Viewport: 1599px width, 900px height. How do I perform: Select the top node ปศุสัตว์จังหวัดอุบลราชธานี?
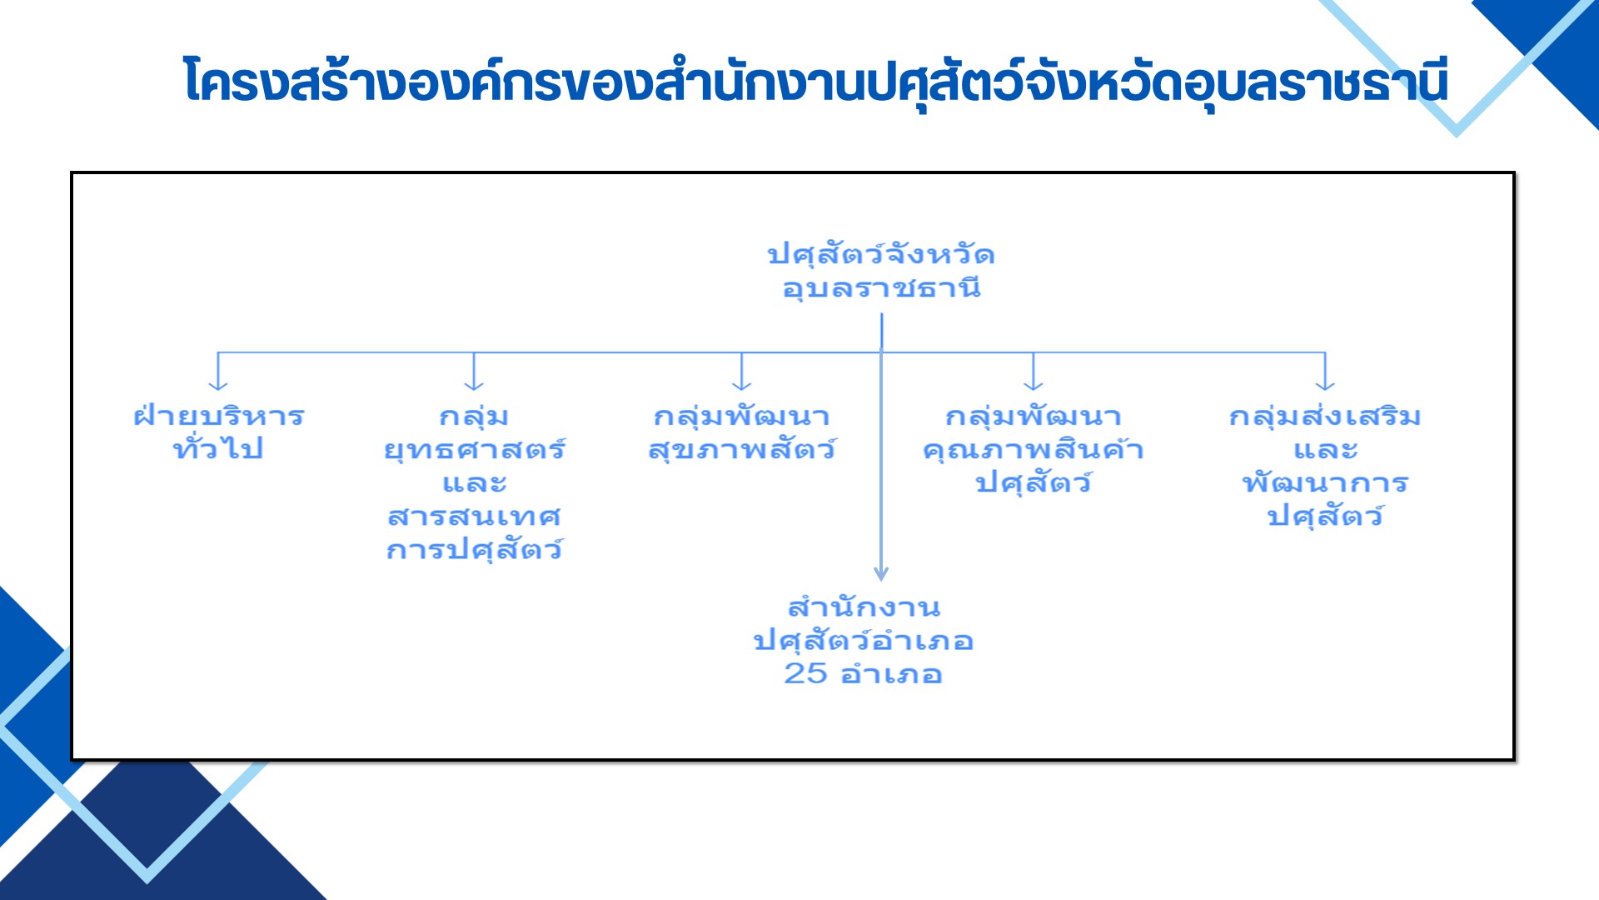[881, 271]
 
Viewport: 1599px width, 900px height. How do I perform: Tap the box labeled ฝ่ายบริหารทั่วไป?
[219, 432]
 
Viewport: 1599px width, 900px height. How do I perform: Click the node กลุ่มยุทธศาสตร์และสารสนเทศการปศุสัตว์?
[475, 483]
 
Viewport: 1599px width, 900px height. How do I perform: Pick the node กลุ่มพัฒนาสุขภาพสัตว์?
[742, 432]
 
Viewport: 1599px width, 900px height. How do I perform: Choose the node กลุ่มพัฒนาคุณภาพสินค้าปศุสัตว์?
[1034, 450]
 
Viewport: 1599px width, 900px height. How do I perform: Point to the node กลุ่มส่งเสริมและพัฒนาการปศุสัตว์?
[1325, 467]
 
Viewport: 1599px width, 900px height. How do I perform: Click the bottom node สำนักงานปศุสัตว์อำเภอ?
[864, 640]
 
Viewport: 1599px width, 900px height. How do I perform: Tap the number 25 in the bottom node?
[805, 673]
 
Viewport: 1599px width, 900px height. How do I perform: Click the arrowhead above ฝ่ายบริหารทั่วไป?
[218, 384]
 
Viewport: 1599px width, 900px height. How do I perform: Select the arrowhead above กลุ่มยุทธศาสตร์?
[474, 384]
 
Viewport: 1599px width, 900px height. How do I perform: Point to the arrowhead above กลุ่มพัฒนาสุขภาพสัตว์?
[741, 384]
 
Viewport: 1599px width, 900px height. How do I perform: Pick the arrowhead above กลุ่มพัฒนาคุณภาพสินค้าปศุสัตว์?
[1033, 384]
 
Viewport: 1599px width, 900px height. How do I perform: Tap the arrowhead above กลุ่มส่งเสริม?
[1325, 384]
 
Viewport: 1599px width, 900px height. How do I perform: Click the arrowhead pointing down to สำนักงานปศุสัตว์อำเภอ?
[881, 573]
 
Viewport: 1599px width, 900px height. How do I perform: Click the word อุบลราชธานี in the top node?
[881, 288]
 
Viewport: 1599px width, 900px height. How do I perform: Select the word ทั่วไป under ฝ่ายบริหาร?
[218, 448]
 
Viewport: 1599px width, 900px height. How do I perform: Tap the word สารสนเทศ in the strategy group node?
[475, 517]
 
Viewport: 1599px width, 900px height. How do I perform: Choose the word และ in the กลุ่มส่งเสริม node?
[1325, 451]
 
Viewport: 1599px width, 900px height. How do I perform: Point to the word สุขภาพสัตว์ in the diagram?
[742, 450]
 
